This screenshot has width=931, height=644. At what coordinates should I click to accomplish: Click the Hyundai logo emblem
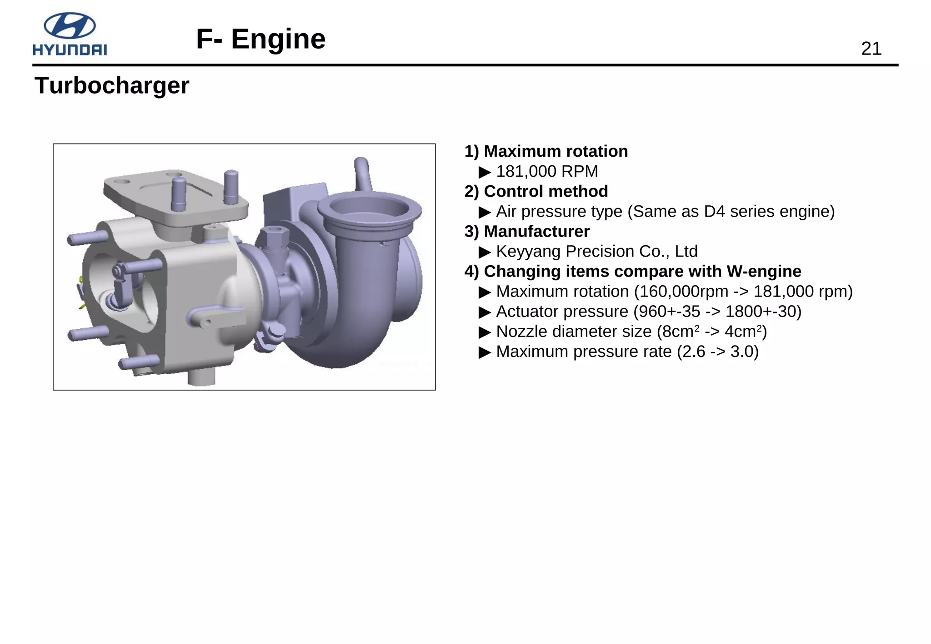pos(70,25)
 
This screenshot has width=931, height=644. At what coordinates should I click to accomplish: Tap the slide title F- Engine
pos(260,39)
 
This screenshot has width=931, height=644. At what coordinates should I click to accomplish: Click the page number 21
pos(871,49)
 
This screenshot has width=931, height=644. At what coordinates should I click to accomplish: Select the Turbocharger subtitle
pos(112,85)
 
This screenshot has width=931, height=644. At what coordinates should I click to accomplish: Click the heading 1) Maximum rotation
pos(546,151)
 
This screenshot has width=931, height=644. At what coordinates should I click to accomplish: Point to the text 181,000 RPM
pos(547,172)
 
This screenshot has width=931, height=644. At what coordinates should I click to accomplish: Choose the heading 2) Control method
pos(536,191)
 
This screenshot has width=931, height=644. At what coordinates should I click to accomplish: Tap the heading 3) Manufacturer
pos(527,231)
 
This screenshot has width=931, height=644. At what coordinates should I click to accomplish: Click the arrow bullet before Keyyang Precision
pos(485,252)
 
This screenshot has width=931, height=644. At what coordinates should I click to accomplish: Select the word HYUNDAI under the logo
pos(70,50)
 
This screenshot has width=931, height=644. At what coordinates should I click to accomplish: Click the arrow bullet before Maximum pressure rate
pos(485,352)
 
